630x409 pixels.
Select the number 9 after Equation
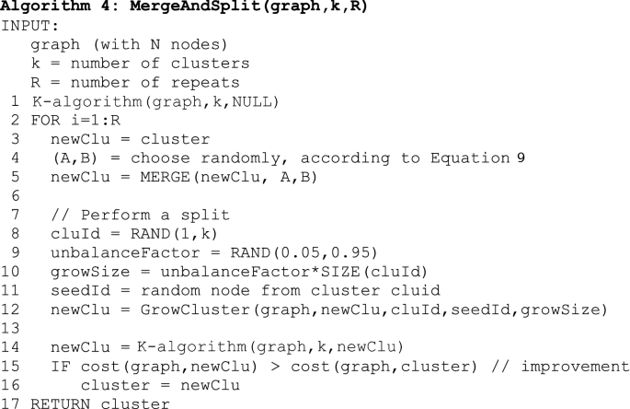(521, 158)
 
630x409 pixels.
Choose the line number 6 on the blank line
(17, 195)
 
